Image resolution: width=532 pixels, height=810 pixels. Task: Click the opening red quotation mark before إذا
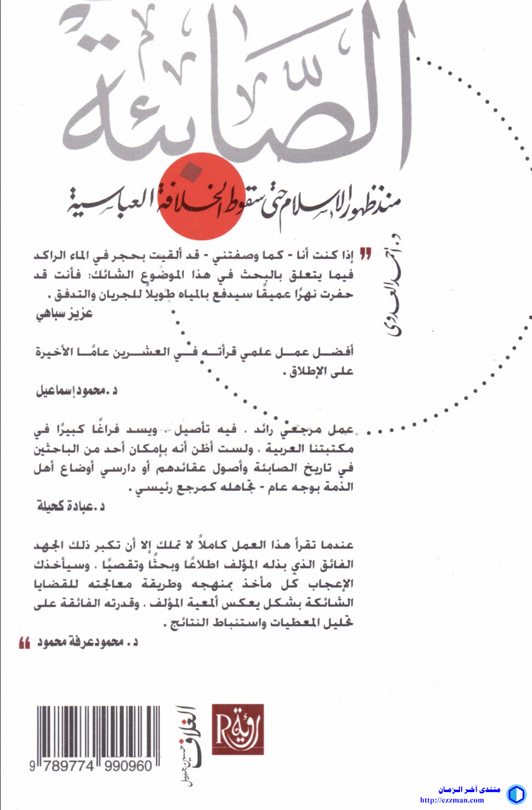coord(366,254)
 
